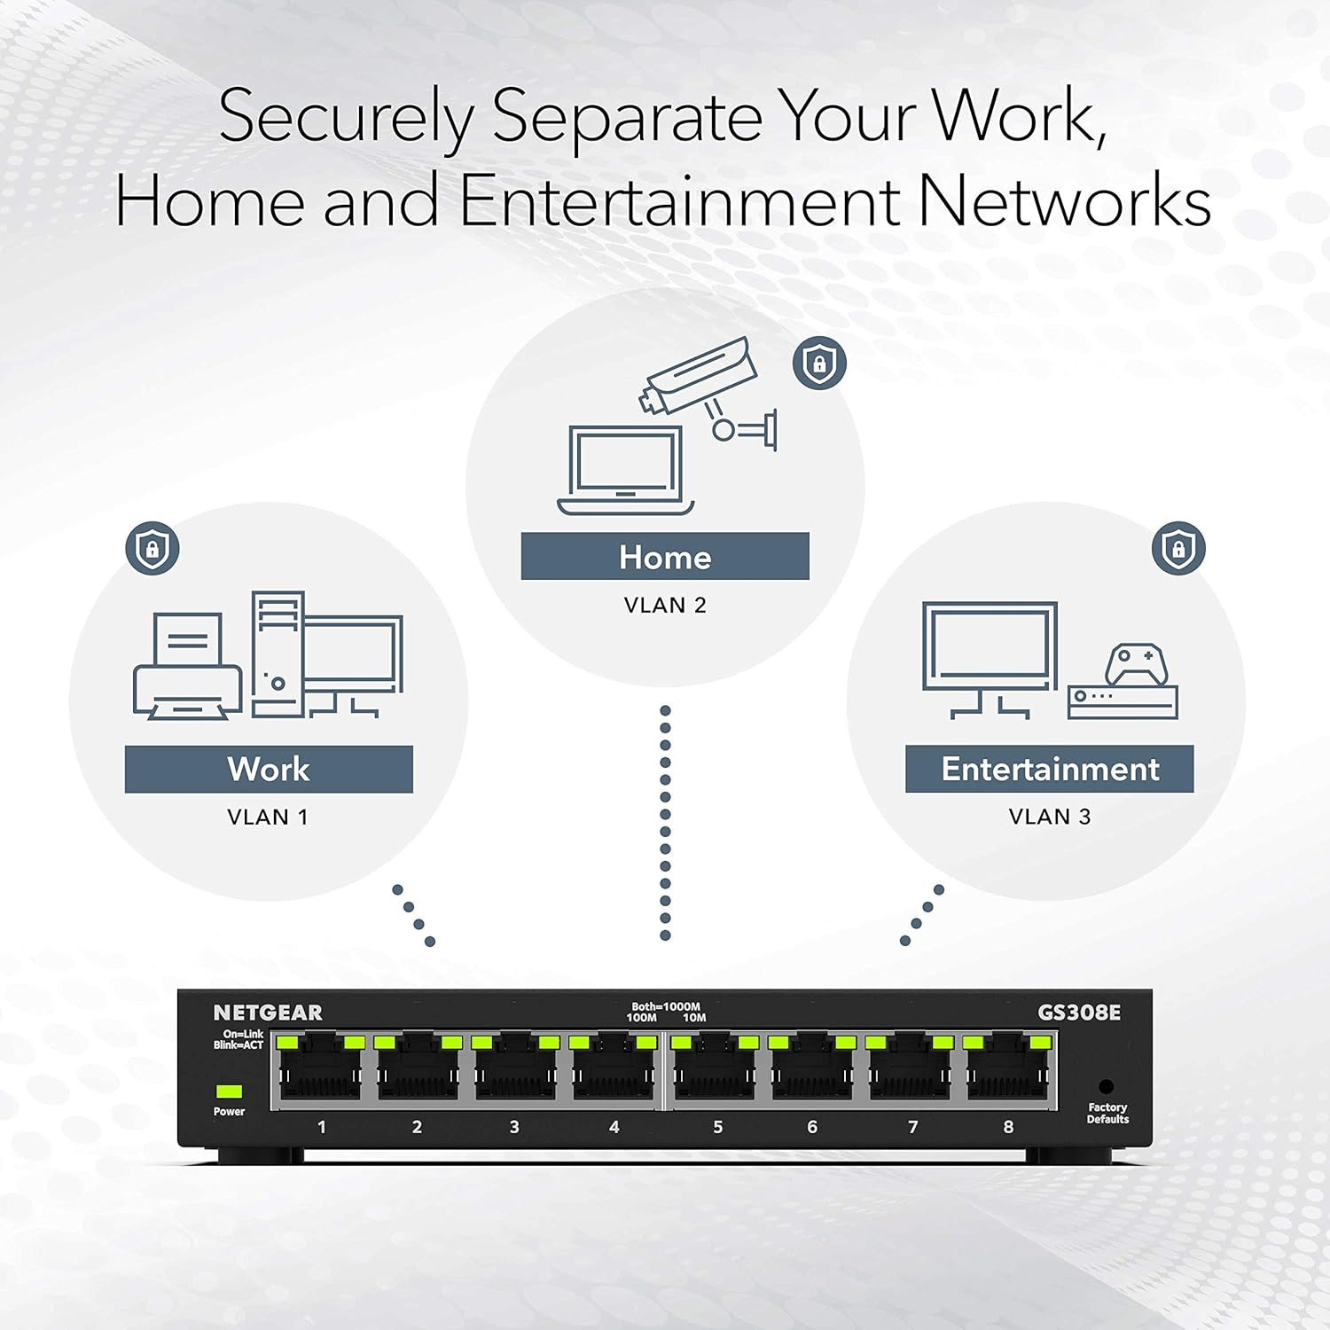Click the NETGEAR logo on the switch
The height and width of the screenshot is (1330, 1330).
[268, 1013]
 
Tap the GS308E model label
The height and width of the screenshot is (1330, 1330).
[1079, 1013]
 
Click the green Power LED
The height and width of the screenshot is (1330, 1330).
[229, 1091]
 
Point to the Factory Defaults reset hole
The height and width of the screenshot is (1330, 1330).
[1106, 1086]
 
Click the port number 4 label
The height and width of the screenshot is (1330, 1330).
[614, 1127]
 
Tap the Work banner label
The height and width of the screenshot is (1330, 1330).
[269, 769]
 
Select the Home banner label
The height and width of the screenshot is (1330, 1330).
[665, 557]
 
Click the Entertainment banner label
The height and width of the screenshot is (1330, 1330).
[1050, 769]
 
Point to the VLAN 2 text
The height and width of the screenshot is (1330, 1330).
[665, 606]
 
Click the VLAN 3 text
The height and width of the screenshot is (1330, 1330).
[1050, 817]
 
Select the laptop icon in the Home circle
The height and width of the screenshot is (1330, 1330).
[626, 471]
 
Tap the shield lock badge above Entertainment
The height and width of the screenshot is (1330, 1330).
[1178, 548]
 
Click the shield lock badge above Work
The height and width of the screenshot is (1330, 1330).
[153, 548]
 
